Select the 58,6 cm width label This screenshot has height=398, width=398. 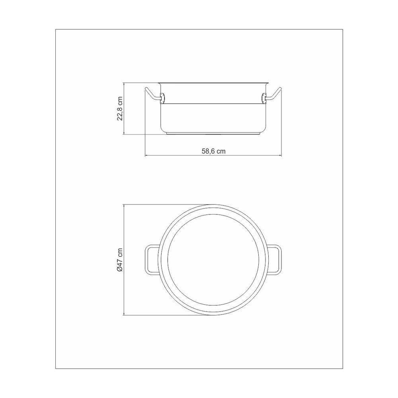(213, 151)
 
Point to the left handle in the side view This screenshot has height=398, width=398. (152, 94)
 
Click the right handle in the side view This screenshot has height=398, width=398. (275, 94)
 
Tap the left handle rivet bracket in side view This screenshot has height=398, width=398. (162, 97)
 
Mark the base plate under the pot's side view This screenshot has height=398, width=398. (213, 134)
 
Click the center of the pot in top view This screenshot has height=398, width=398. (213, 260)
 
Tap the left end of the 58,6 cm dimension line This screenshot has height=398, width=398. (145, 155)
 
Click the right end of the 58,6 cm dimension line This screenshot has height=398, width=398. (281, 155)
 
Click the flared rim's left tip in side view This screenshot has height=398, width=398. (158, 83)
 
